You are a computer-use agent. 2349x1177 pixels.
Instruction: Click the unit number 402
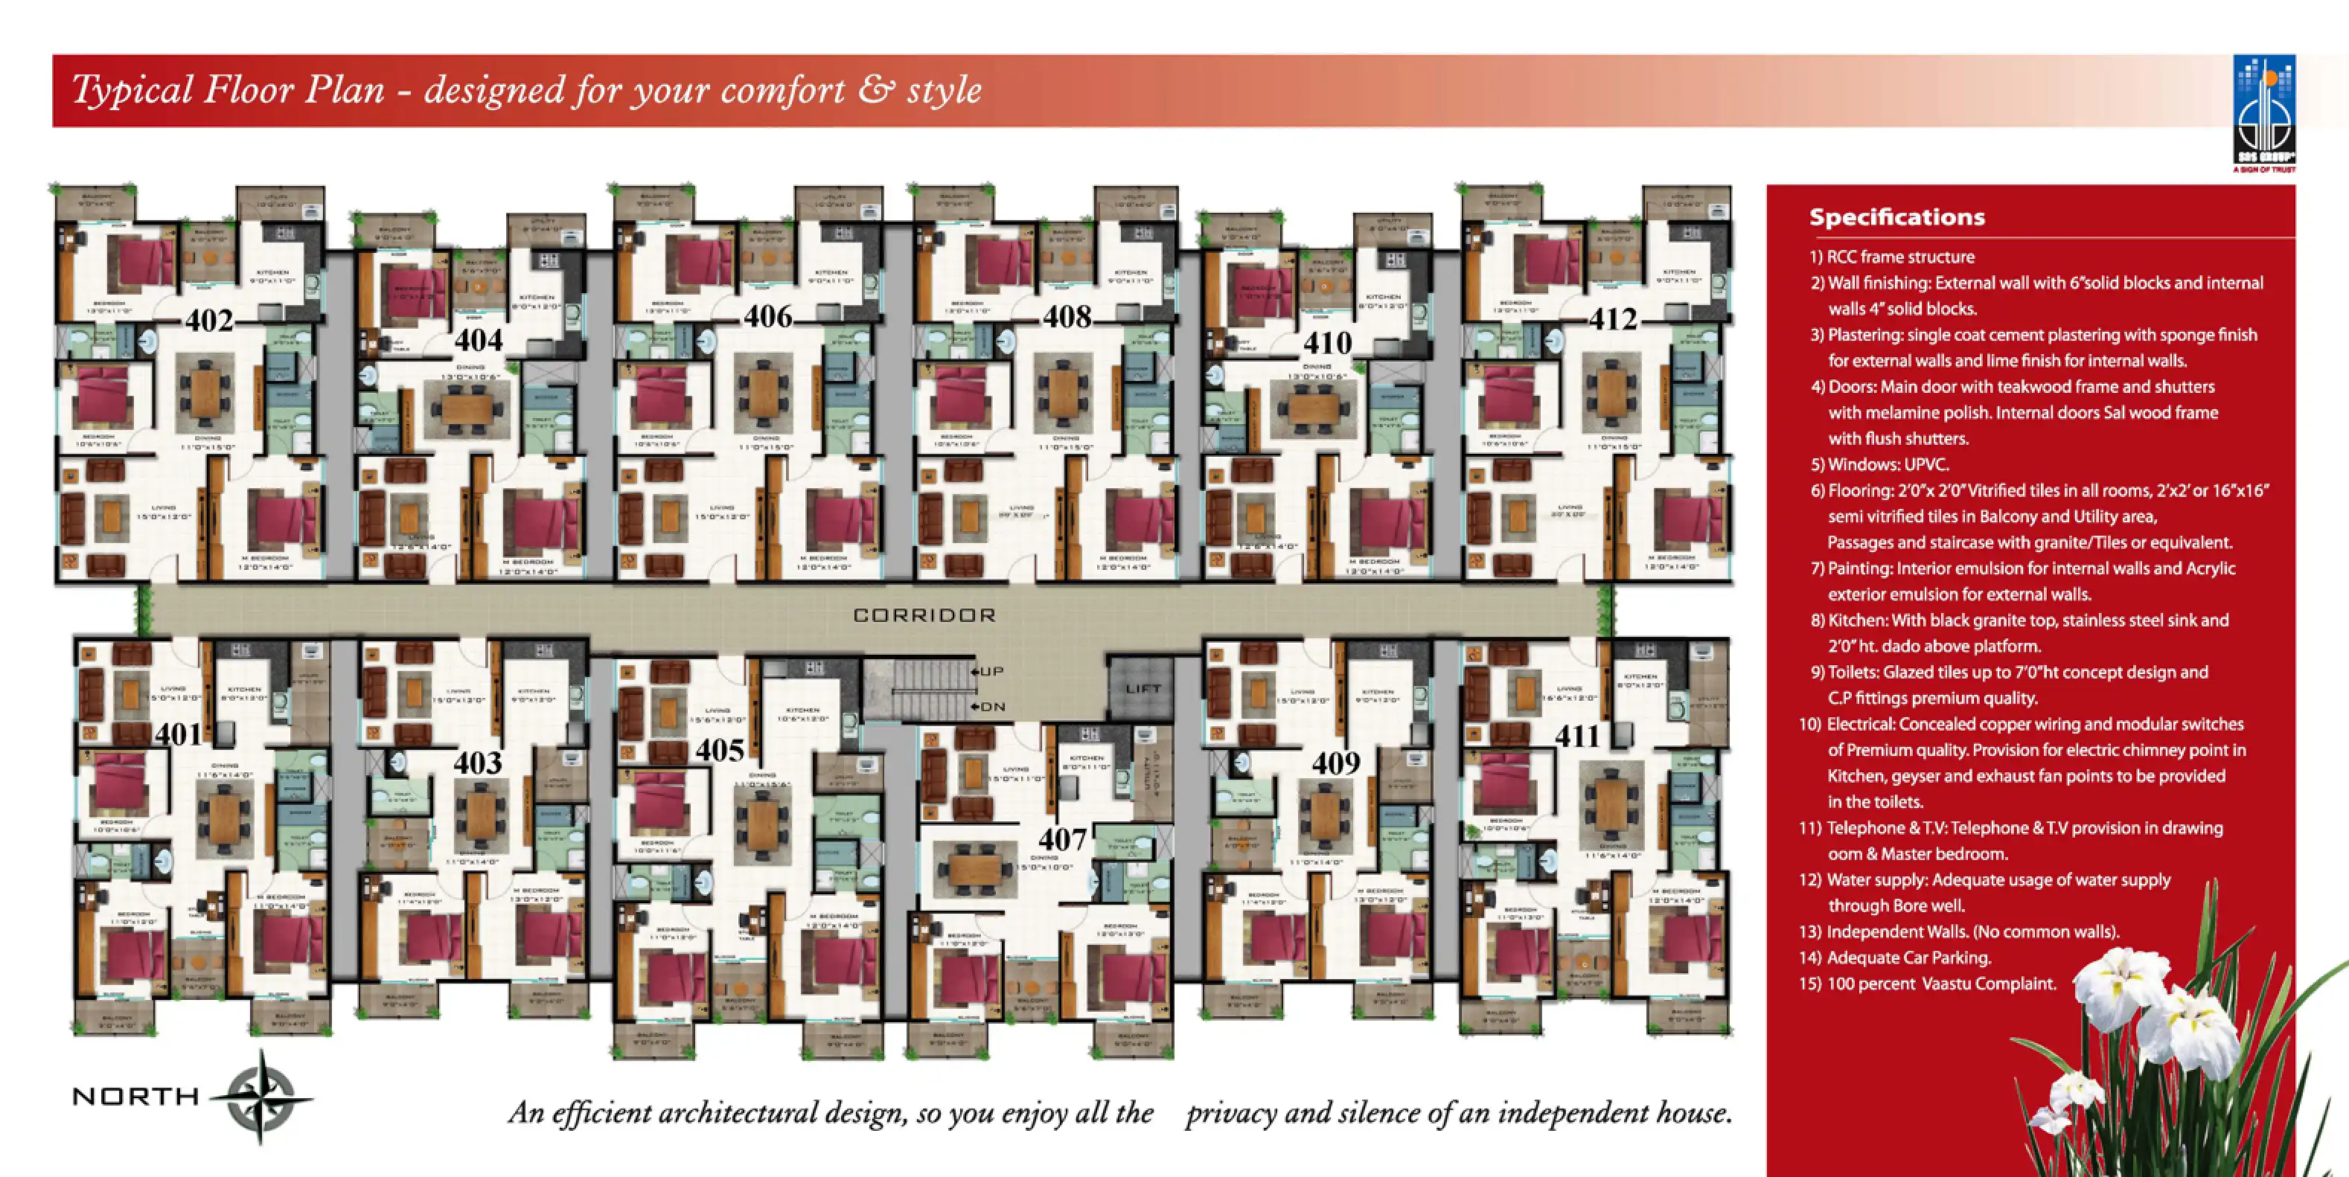pos(210,321)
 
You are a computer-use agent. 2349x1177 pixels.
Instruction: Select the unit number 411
pos(1576,736)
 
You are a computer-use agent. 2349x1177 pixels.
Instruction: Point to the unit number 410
pos(1327,344)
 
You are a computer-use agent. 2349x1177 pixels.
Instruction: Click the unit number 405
pos(720,751)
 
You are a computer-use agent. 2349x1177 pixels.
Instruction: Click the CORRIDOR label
pos(924,615)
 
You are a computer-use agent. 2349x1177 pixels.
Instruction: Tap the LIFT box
pos(1142,689)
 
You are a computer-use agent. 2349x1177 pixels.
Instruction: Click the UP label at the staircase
pos(991,671)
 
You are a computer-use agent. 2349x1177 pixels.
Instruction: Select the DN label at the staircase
pos(992,707)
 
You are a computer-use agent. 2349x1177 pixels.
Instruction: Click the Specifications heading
pos(1896,217)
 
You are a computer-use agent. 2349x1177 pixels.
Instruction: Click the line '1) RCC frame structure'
pos(1891,257)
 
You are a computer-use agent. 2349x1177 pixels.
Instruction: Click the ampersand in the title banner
pos(874,90)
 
